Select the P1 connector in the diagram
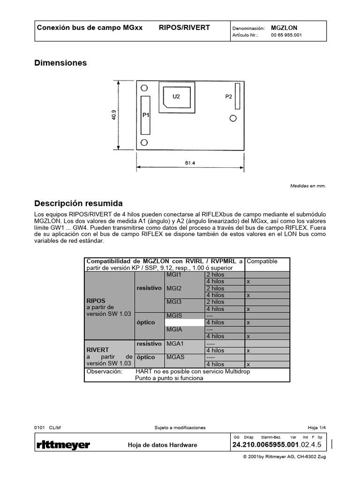coord(145,115)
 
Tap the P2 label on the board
coord(228,97)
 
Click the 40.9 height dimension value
coord(113,115)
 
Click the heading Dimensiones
coord(60,63)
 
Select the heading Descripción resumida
coord(78,203)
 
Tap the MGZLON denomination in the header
coord(284,28)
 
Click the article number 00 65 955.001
coord(286,35)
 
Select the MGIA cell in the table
coord(174,330)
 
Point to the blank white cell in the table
coord(185,322)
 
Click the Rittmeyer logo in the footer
coord(63,445)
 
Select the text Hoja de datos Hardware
coord(162,445)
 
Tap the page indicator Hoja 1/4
coord(316,427)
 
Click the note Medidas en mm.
coord(307,186)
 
